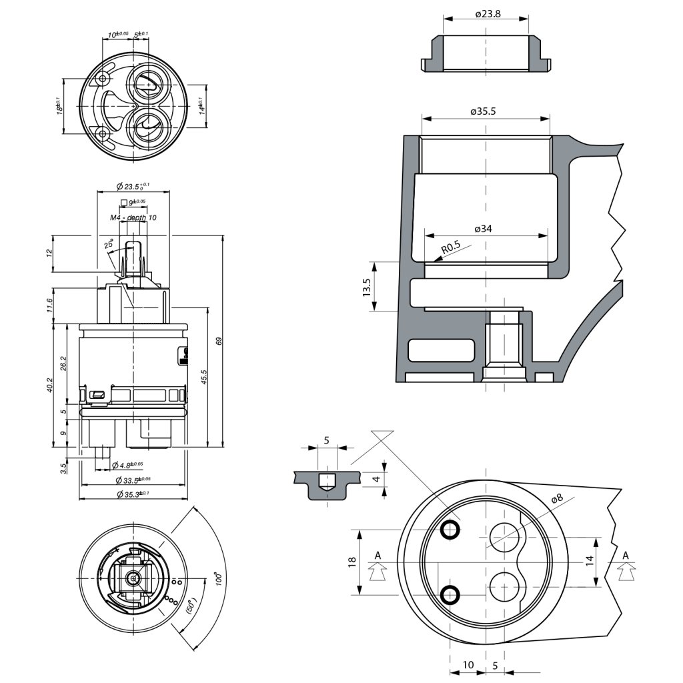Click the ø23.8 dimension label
(488, 13)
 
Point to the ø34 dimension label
(484, 229)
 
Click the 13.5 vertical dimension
(368, 286)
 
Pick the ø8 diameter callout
(557, 498)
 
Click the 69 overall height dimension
(219, 341)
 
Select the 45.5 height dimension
(203, 377)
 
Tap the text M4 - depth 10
(133, 217)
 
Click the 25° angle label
(109, 245)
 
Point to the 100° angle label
(216, 578)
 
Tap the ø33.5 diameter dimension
(132, 480)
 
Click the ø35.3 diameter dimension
(132, 494)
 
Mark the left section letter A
(378, 555)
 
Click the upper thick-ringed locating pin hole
(450, 530)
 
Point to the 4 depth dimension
(376, 479)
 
